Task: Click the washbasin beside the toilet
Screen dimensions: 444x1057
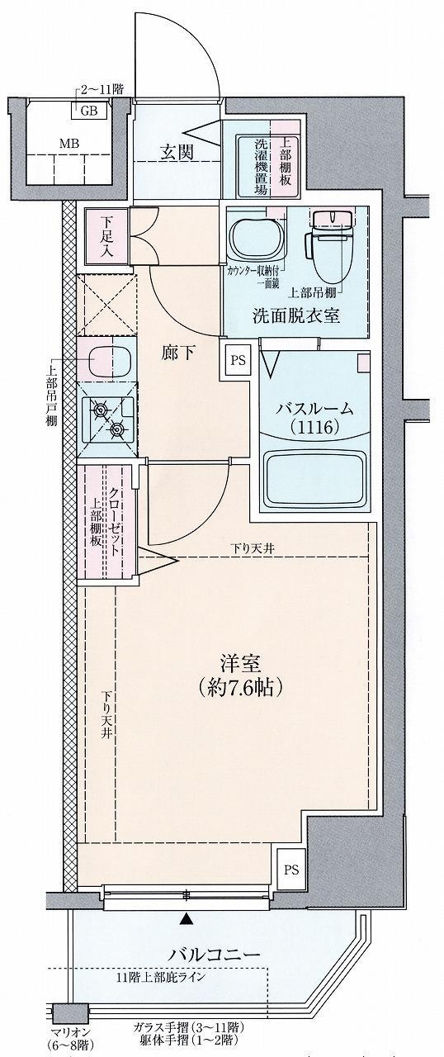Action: click(x=257, y=239)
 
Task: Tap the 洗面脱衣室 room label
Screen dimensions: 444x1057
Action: click(x=296, y=315)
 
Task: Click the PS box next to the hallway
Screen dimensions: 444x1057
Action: click(x=238, y=360)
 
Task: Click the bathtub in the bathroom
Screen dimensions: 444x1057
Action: click(x=315, y=478)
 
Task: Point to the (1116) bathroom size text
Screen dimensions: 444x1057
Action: click(x=314, y=428)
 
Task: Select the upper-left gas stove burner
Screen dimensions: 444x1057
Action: click(x=101, y=409)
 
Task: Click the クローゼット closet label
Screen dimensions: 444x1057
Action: click(x=114, y=521)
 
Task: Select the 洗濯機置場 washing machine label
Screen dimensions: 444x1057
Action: click(x=262, y=168)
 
